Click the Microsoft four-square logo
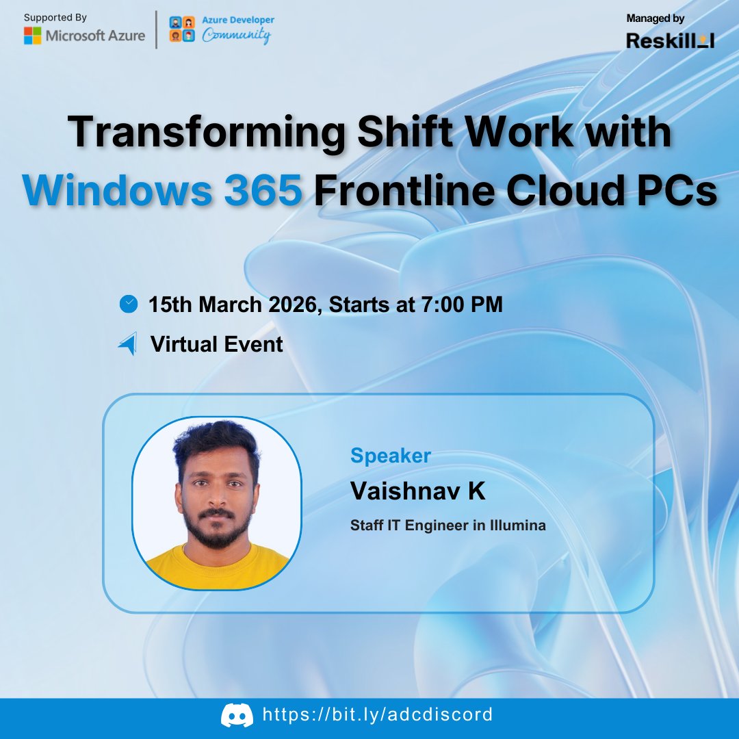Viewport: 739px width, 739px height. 32,36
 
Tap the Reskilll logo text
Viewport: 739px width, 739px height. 670,40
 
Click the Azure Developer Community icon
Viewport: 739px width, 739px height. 181,30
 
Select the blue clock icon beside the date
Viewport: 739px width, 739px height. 128,304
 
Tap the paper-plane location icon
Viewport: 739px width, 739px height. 128,343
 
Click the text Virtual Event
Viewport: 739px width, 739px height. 216,343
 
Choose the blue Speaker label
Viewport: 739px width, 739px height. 390,455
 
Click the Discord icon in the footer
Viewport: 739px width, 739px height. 237,716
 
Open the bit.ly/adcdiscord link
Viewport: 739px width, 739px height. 378,715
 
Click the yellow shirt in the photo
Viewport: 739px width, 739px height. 216,567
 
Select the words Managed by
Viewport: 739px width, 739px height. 655,18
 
